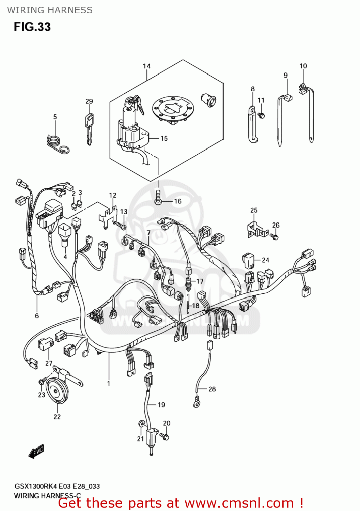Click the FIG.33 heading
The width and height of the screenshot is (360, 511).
32,27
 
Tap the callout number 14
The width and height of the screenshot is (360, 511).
146,66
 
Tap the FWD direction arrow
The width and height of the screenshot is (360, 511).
36,452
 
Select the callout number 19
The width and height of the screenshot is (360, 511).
161,405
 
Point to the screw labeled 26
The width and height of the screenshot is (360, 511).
274,236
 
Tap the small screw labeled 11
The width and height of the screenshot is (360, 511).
261,115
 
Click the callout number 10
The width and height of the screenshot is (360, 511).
303,66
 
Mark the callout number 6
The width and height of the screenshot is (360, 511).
37,316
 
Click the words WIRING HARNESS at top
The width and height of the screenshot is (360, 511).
50,10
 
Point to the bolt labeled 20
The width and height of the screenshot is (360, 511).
165,436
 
